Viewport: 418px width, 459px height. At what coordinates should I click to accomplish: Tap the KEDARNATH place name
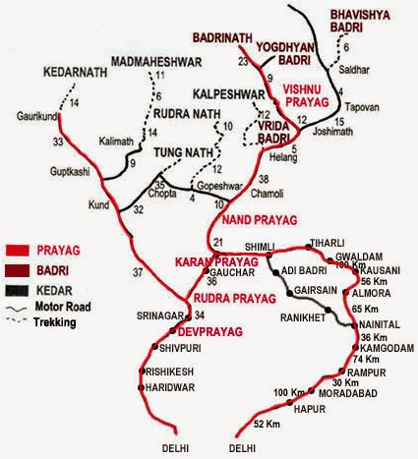tap(75, 71)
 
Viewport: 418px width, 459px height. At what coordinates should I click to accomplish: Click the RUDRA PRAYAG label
tap(238, 297)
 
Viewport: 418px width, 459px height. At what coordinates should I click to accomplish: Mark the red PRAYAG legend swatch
tap(26, 249)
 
